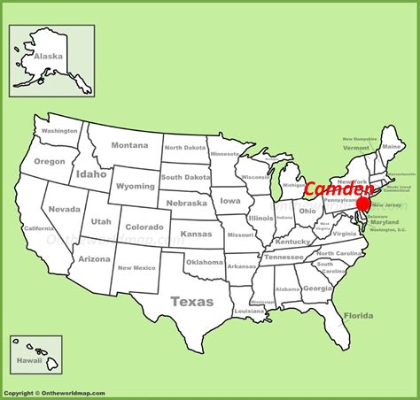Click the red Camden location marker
pyautogui.click(x=362, y=204)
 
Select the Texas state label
pyautogui.click(x=192, y=301)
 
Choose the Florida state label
pyautogui.click(x=359, y=316)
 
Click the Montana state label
pyautogui.click(x=129, y=145)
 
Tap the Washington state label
pyautogui.click(x=59, y=131)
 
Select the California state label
pyautogui.click(x=38, y=228)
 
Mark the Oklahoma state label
pyautogui.click(x=205, y=262)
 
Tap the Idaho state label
pyautogui.click(x=90, y=174)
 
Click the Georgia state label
pyautogui.click(x=317, y=288)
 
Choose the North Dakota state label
pyautogui.click(x=184, y=148)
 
